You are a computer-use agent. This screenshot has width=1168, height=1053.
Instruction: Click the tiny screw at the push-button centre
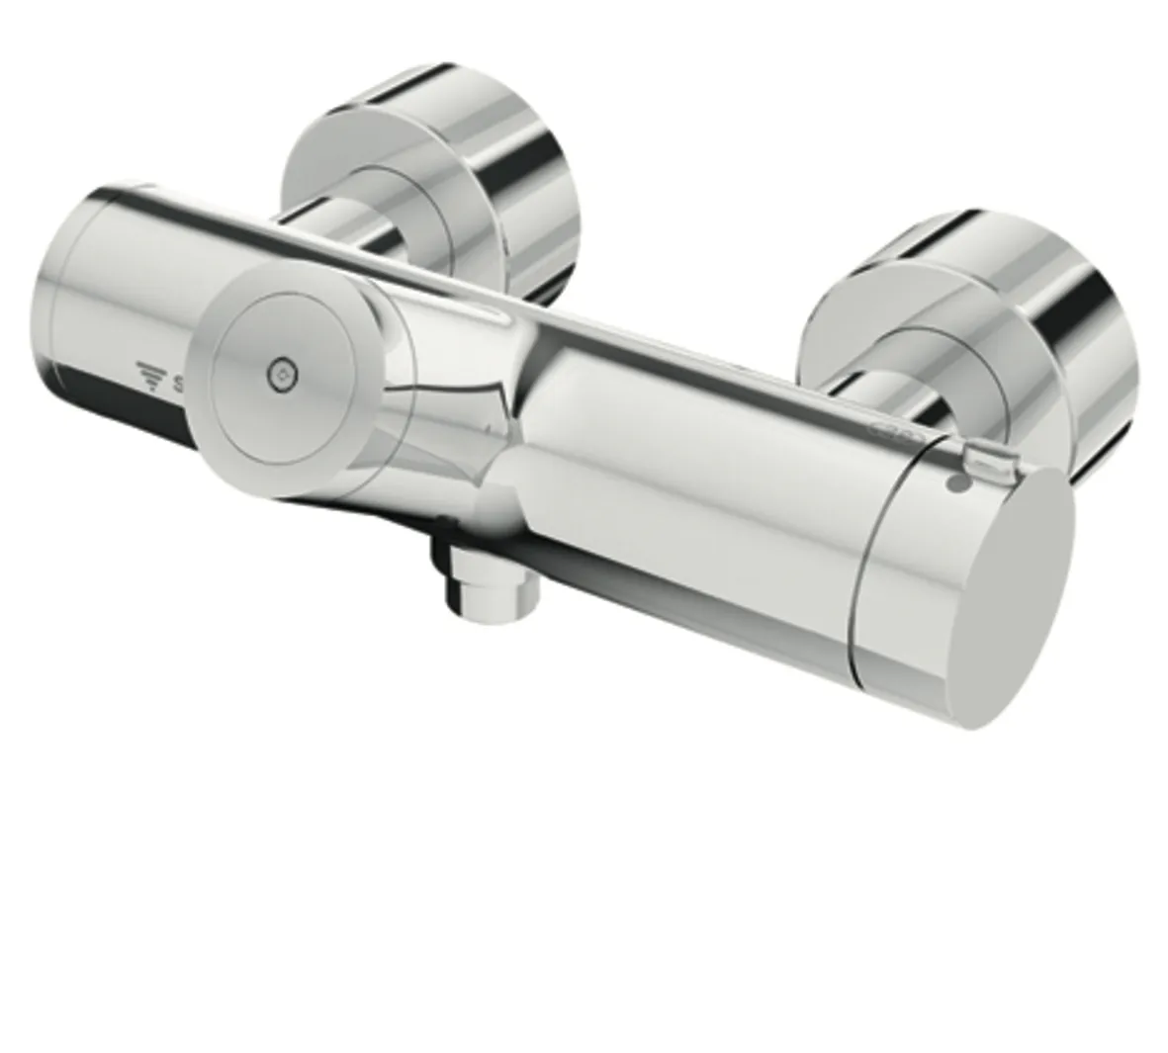click(283, 374)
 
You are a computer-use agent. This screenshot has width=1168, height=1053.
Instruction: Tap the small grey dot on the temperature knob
click(955, 484)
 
